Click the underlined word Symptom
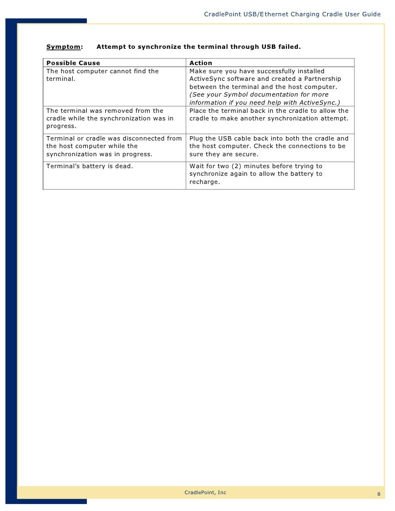coord(63,47)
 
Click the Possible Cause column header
coord(73,63)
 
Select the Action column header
coord(200,63)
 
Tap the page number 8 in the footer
coord(379,494)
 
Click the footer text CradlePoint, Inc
coord(206,492)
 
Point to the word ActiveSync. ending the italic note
coord(320,102)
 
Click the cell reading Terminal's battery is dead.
coord(90,166)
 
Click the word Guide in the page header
coord(371,14)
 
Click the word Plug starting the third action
coord(196,138)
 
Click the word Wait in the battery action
coord(196,166)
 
